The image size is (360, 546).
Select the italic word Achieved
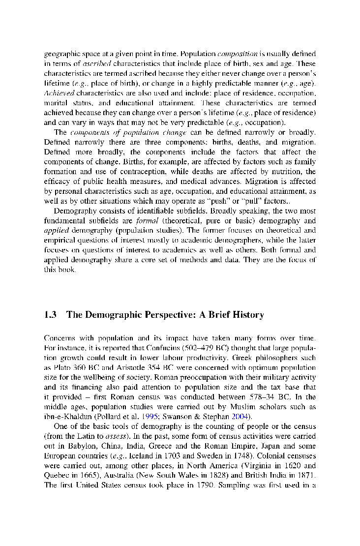(x=59, y=93)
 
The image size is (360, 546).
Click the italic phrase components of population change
(x=128, y=132)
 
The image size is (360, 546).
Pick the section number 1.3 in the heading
(x=51, y=315)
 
